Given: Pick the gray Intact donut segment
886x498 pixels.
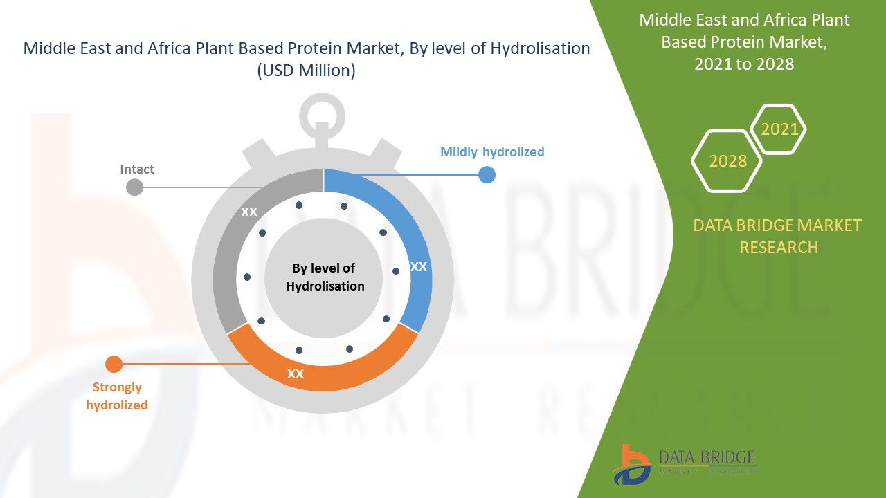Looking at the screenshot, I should (232, 249).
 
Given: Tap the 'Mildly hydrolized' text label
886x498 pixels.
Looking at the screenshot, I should (492, 151).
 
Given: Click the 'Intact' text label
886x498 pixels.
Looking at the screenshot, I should (137, 169).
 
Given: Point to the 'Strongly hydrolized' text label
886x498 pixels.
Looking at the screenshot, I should (117, 396).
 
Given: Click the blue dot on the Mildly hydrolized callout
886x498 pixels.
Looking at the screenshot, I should (487, 175).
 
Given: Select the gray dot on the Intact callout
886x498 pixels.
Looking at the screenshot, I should (134, 187).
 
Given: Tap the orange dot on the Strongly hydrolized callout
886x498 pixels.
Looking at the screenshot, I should (114, 364).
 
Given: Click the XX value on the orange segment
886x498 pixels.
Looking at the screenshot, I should (296, 374).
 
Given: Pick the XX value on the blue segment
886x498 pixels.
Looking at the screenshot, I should (419, 266).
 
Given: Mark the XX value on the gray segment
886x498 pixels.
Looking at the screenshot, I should (249, 212).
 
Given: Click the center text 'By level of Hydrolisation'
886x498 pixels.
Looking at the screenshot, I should (324, 277).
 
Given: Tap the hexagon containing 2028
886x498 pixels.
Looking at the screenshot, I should (727, 161).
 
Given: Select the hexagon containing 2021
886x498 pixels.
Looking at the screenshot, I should (779, 129).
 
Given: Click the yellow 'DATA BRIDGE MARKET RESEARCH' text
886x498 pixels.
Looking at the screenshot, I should (778, 236).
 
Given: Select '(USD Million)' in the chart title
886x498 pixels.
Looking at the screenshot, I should (306, 70).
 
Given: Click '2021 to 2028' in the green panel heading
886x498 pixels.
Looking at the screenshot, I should (744, 64).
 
